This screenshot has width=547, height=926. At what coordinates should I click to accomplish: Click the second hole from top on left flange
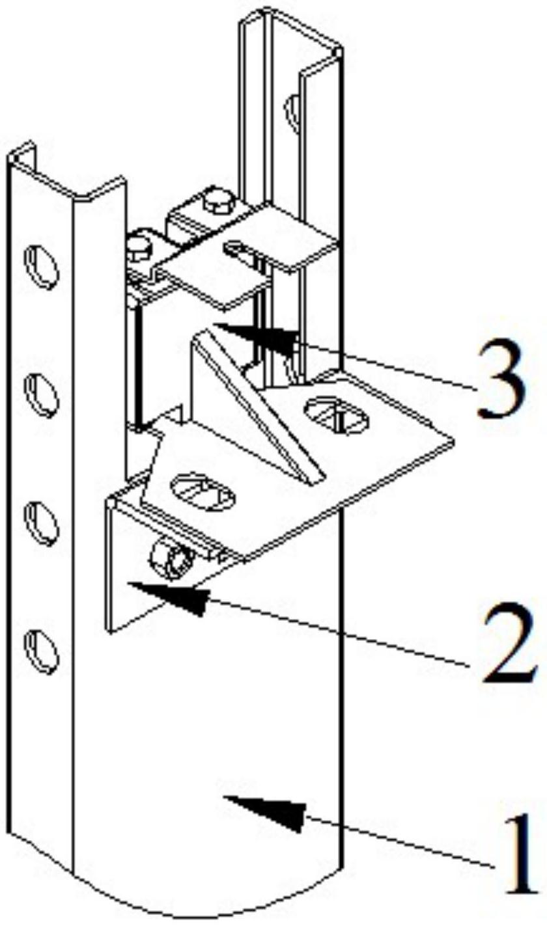tap(41, 394)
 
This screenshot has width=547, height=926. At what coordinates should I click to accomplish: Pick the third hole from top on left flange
tap(41, 523)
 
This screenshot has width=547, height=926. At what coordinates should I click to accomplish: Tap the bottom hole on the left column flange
tap(41, 651)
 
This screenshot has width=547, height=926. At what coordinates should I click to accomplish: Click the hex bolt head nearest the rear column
tap(218, 201)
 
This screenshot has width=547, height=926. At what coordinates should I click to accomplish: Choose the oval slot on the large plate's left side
tap(203, 492)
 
